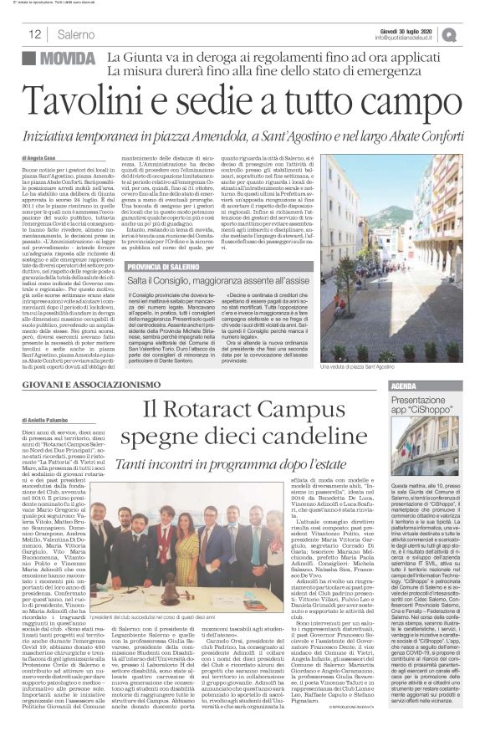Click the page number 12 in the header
coord(35,34)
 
